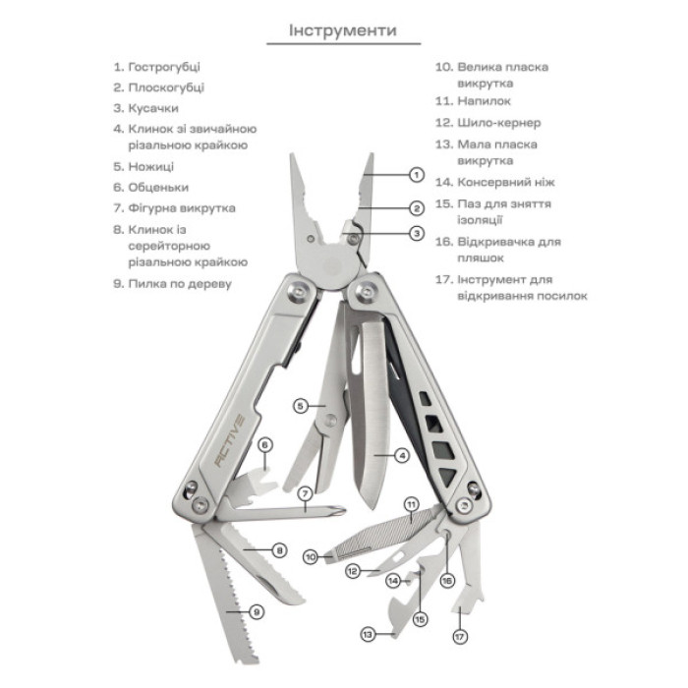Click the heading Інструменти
point(343,30)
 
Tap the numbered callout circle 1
point(416,174)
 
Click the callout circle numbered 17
point(459,636)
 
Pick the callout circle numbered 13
point(367,635)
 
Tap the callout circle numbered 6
point(264,445)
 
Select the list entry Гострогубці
point(164,67)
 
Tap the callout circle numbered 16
point(447,580)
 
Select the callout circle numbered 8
point(279,550)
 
